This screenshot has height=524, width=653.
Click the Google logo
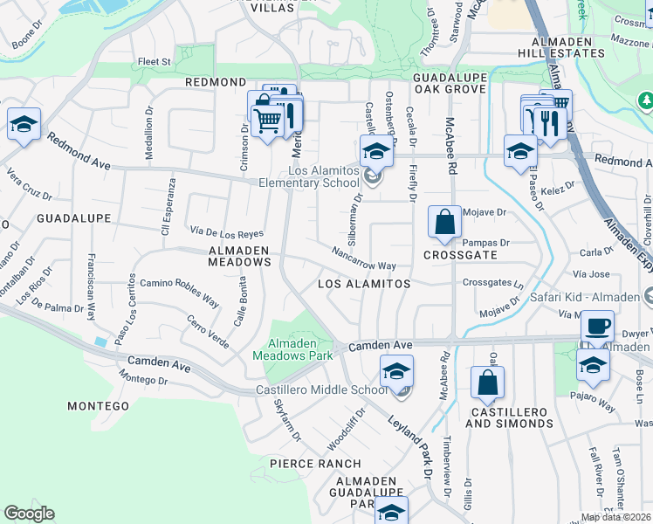point(29,514)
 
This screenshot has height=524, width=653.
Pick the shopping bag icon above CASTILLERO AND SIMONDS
point(487,382)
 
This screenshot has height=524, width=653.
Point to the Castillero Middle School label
point(321,390)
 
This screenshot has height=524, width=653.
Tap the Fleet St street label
point(154,62)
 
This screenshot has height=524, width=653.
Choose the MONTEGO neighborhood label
point(99,406)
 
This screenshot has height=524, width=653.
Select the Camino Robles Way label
point(179,292)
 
